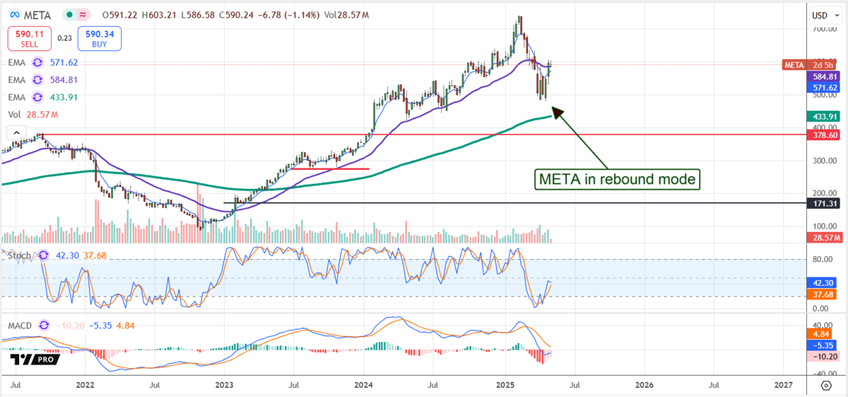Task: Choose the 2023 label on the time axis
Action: tap(224, 385)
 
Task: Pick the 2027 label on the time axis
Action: tap(783, 385)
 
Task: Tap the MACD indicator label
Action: tap(20, 325)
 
